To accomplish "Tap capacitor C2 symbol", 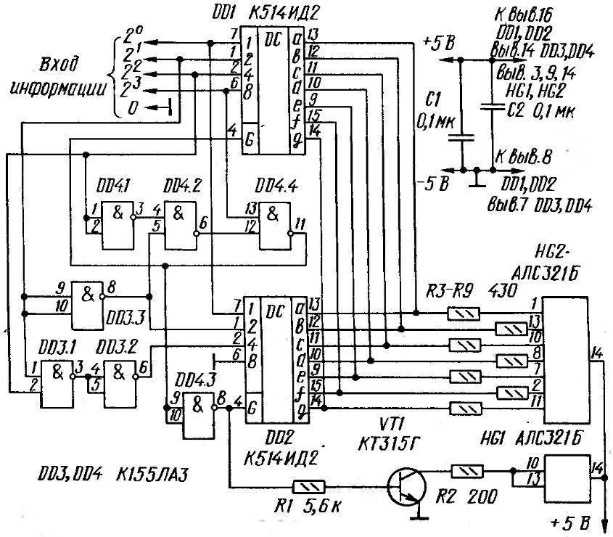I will pyautogui.click(x=493, y=110).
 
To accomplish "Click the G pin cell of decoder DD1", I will pyautogui.click(x=250, y=139).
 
